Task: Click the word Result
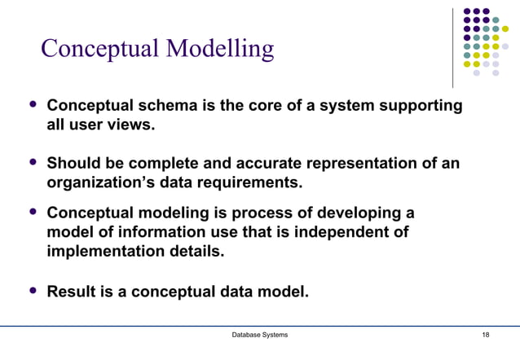74,291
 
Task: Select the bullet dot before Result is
33,289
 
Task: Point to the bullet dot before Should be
33,162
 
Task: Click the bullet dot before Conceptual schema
33,104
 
